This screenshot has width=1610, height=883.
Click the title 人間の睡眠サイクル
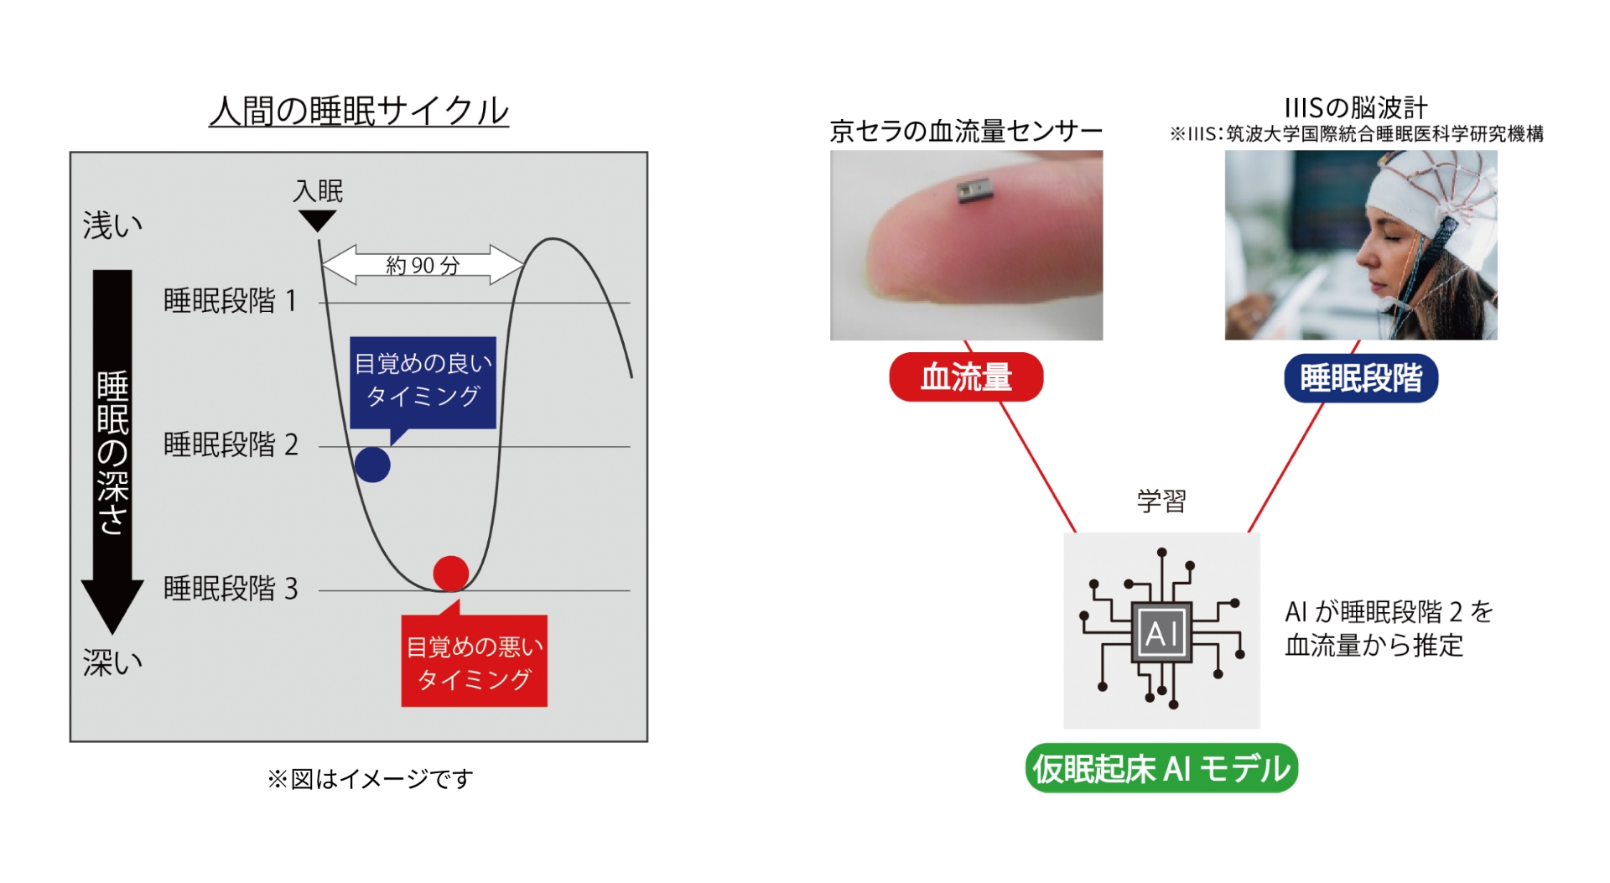point(359,111)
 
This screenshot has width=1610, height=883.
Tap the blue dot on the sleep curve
point(372,465)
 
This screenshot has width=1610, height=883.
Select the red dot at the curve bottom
point(451,574)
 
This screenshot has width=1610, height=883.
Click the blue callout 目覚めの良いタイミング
point(423,383)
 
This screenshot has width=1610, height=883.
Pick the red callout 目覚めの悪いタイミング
point(474,659)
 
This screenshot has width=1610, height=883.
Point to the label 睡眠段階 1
point(231,300)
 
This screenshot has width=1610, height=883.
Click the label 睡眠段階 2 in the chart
point(231,444)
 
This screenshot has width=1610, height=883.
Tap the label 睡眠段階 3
point(231,589)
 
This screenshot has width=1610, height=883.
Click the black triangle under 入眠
point(318,220)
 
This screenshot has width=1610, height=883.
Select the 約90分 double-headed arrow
point(423,265)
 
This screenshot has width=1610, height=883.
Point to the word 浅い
point(112,225)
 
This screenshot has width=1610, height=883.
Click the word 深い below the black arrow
point(112,662)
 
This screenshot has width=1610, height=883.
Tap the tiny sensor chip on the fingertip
point(974,192)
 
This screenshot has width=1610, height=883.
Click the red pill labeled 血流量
point(966,377)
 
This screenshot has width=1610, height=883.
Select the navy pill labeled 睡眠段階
point(1361,378)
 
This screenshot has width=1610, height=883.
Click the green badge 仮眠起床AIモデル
point(1161,768)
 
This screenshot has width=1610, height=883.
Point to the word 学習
point(1161,501)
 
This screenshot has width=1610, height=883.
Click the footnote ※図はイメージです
point(370,779)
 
